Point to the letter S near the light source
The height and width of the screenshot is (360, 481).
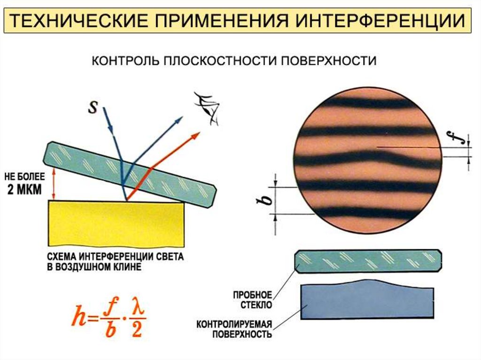click(x=93, y=107)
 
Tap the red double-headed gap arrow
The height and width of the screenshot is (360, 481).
click(x=54, y=184)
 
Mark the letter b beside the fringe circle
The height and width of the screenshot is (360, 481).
click(x=266, y=200)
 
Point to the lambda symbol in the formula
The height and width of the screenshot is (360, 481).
click(x=136, y=309)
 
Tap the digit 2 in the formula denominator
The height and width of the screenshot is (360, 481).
click(x=136, y=330)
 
